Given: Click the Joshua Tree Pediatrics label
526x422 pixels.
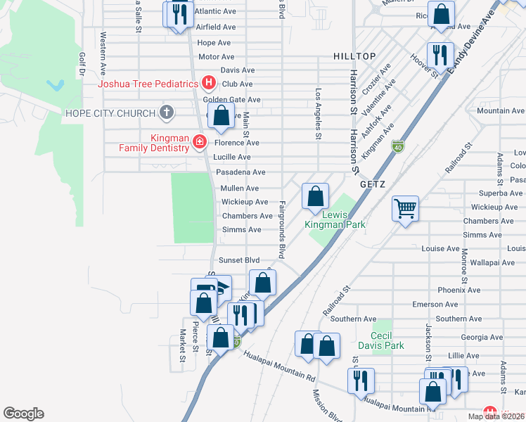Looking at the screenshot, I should click(x=148, y=84).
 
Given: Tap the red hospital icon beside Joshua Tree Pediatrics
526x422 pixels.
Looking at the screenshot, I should click(x=208, y=84).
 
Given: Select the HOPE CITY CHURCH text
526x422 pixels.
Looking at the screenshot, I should click(x=109, y=113).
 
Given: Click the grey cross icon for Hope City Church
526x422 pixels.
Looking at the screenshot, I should click(x=166, y=113).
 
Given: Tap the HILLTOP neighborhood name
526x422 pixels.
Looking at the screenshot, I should click(x=354, y=56).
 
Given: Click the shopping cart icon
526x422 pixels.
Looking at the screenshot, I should click(x=405, y=208).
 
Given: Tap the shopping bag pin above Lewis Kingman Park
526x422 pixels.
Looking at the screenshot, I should click(x=316, y=196).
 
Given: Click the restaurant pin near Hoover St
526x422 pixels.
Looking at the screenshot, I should click(x=440, y=54).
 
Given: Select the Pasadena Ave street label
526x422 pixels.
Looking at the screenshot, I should click(x=240, y=172).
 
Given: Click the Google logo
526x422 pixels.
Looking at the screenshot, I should click(x=23, y=414).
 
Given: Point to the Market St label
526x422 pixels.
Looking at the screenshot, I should click(x=181, y=346).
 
